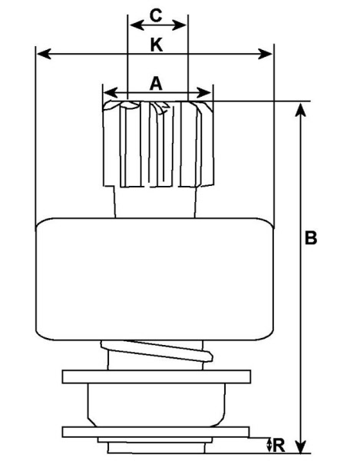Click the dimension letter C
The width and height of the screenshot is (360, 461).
(x=156, y=15)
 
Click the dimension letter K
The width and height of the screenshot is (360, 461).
(x=157, y=45)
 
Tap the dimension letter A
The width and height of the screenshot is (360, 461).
(x=156, y=83)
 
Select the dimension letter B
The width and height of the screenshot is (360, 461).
(x=311, y=237)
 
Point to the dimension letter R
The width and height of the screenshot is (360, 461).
(x=279, y=446)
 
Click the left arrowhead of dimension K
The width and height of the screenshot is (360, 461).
(x=44, y=54)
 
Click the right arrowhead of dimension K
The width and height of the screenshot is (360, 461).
(x=265, y=54)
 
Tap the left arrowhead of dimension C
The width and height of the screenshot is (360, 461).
(x=137, y=25)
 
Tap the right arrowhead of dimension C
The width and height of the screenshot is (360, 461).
(x=179, y=25)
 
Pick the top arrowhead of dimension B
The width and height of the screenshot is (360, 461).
(x=300, y=109)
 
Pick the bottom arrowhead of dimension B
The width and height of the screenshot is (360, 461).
(x=300, y=446)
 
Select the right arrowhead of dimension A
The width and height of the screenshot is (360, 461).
(x=204, y=93)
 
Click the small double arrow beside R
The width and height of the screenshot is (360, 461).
(x=269, y=446)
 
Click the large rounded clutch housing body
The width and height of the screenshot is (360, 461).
(x=154, y=279)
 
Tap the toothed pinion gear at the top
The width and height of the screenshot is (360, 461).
(x=158, y=144)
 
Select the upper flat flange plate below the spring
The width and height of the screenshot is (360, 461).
(x=157, y=376)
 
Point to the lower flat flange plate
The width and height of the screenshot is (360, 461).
(x=156, y=432)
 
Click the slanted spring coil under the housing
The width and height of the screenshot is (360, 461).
(x=157, y=350)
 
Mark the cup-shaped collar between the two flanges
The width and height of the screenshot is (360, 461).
(x=157, y=405)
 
